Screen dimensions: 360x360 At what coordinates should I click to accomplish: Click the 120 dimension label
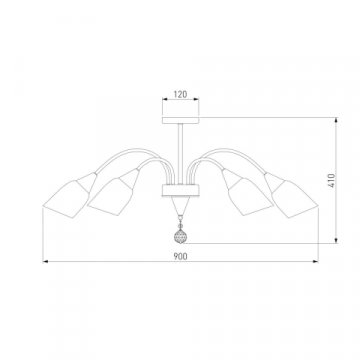point(180,94)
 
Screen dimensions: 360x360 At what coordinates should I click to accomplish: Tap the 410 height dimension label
point(332,180)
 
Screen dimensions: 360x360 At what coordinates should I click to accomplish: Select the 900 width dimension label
point(180,256)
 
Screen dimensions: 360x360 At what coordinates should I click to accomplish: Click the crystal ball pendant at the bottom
point(180,236)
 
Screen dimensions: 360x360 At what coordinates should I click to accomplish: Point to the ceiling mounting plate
point(180,120)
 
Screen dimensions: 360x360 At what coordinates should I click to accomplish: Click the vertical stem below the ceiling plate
point(180,154)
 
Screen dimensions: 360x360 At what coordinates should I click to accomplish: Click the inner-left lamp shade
point(113,193)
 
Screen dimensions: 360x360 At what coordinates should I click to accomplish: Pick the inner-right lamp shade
point(247,193)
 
